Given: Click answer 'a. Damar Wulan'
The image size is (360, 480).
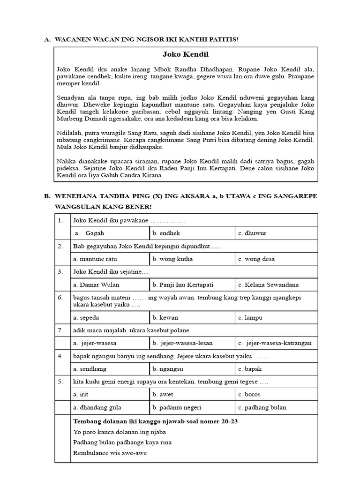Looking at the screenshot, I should click(96, 285).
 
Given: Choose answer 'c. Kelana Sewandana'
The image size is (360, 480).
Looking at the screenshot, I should click(268, 285).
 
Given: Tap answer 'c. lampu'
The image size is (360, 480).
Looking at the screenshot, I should click(250, 317).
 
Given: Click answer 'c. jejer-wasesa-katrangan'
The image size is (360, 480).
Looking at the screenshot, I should click(275, 343).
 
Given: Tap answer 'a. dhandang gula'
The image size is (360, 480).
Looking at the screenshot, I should click(95, 407).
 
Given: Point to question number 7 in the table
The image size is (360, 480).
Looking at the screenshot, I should click(60, 330).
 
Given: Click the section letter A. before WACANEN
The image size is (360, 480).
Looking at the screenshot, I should click(47, 39).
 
